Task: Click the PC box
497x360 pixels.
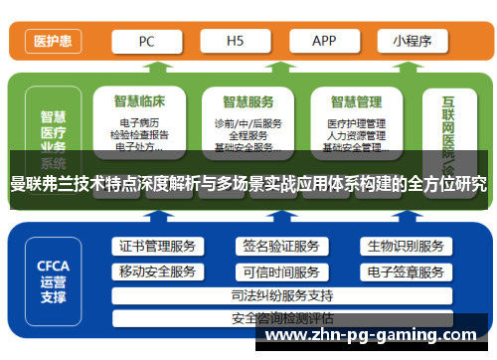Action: (146, 42)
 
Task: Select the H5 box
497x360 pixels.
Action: (236, 42)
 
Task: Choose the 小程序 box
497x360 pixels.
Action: (411, 42)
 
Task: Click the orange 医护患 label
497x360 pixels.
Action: (51, 42)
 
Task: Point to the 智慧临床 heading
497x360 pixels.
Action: (139, 100)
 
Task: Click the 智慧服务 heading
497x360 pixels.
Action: (248, 100)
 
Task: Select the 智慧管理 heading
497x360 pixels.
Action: (356, 100)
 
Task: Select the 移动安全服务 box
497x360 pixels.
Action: (157, 271)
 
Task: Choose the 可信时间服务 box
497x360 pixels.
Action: (280, 271)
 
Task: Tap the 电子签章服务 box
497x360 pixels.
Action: (405, 271)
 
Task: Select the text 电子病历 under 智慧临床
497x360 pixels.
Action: (139, 122)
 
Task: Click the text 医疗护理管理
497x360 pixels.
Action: (356, 122)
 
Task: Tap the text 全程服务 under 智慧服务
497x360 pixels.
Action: (248, 134)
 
